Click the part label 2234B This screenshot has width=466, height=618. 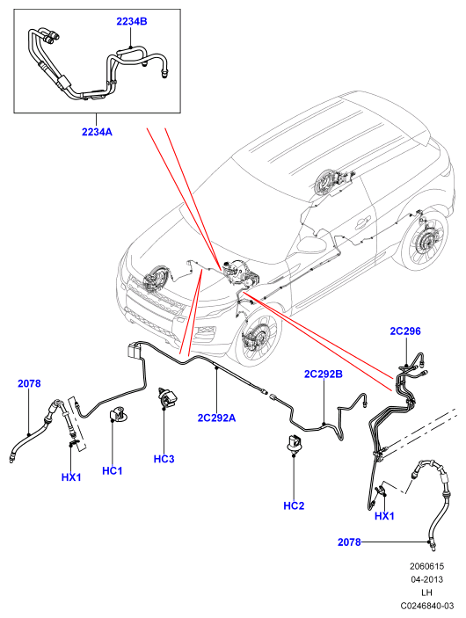tap(132, 21)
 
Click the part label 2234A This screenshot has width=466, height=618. tap(97, 132)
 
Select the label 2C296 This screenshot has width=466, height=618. tap(405, 331)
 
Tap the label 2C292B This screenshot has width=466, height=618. tap(324, 374)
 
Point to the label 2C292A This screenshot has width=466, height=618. tap(216, 418)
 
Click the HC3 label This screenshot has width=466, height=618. tap(164, 459)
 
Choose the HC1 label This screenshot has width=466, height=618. tap(113, 470)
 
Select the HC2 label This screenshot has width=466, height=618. tap(295, 505)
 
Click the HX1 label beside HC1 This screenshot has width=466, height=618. tap(71, 477)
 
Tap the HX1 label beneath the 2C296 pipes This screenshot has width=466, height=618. tap(384, 516)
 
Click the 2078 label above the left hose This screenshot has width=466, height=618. tap(29, 383)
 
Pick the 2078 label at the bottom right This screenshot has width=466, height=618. tap(349, 542)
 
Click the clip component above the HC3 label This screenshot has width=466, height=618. tap(167, 398)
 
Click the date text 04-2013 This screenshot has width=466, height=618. tap(427, 579)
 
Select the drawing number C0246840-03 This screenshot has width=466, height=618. tap(427, 606)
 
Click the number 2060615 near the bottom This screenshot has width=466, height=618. tap(427, 566)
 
